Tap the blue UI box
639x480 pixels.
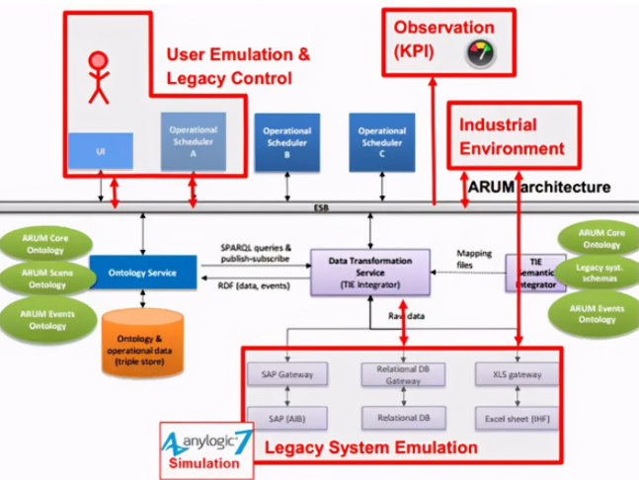[x=100, y=151]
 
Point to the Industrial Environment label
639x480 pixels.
[x=511, y=137]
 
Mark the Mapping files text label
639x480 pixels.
[x=474, y=259]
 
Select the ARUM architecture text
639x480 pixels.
[x=538, y=187]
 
